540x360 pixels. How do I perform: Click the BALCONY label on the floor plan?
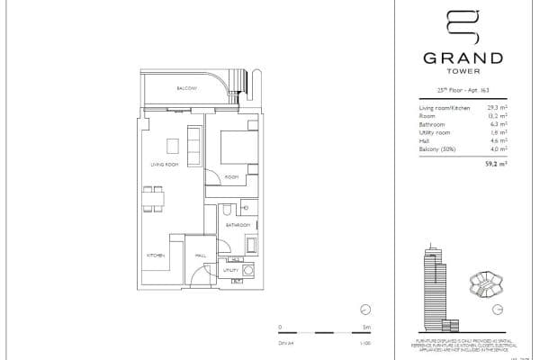[186, 88]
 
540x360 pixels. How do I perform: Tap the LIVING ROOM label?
[164, 165]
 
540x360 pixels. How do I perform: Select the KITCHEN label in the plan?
[156, 256]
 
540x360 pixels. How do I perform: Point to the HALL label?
[201, 256]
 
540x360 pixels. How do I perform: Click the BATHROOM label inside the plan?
[238, 224]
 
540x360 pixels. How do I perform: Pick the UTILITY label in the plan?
[229, 269]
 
